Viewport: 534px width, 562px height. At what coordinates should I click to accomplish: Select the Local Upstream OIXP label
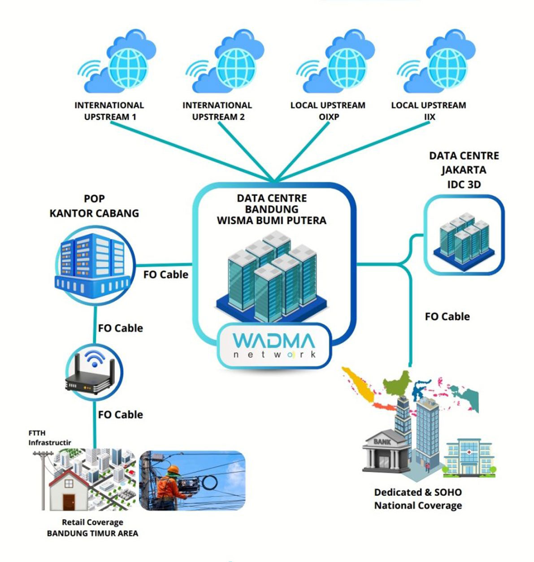point(328,111)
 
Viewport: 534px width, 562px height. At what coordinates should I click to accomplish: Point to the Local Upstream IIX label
point(428,111)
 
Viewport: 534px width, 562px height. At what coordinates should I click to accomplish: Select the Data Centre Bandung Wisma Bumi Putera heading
point(272,209)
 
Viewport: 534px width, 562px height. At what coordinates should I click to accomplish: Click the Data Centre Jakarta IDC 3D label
point(464,170)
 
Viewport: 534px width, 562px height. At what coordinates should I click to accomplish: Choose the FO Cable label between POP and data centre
point(165,275)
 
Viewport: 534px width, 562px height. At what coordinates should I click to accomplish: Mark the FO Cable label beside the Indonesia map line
point(447,316)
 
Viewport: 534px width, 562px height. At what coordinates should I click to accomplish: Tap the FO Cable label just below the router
point(120,415)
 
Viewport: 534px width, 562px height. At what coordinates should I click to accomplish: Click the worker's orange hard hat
point(173,470)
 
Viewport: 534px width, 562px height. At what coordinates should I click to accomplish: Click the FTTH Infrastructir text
point(50,438)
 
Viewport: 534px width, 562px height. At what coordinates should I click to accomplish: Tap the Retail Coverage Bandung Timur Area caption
point(92,528)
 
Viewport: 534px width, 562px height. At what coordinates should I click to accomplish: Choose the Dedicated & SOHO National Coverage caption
point(418,499)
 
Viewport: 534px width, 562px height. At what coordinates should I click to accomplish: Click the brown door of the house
point(69,501)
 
